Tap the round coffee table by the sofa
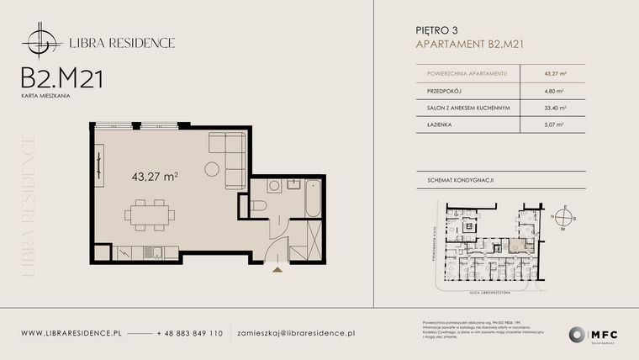(211, 169)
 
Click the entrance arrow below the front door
(277, 268)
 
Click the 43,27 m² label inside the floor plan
(155, 177)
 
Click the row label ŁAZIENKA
(441, 124)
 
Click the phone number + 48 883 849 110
(190, 334)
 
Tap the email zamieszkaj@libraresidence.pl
(296, 334)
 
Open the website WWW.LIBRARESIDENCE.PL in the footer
(71, 334)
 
